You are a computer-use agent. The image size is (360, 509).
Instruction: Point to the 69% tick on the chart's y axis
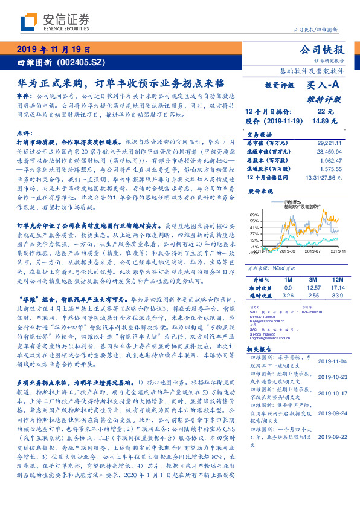(255, 215)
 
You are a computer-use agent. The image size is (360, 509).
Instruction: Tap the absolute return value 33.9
(338, 296)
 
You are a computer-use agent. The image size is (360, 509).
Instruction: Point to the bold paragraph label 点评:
(24, 132)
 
